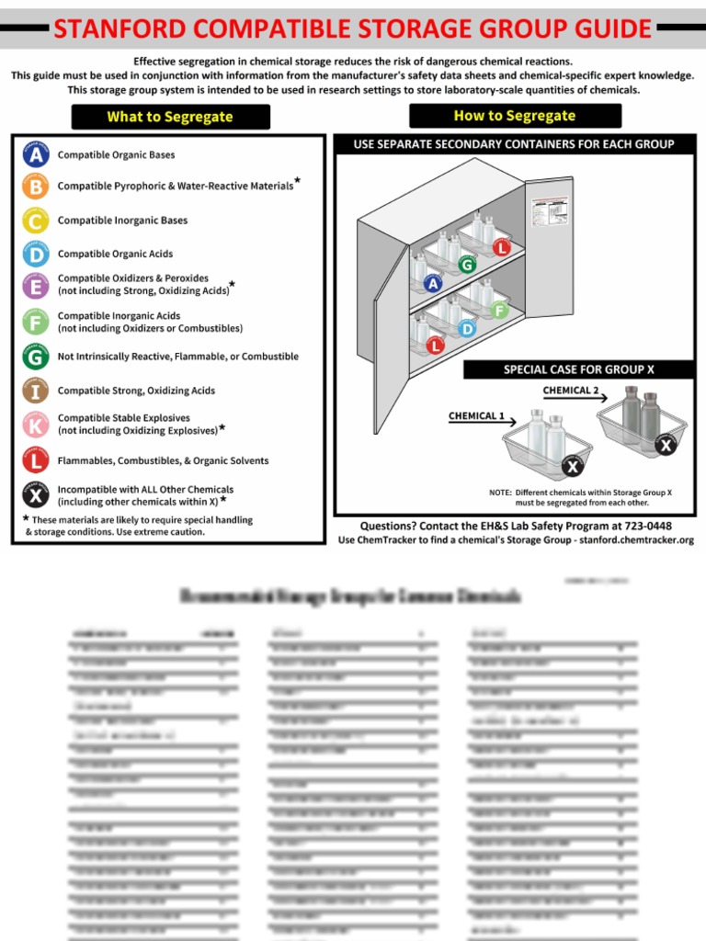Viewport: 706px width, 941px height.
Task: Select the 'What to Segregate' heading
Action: (x=170, y=117)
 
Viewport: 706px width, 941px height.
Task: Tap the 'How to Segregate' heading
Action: (x=514, y=116)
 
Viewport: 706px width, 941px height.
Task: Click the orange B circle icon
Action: (x=35, y=187)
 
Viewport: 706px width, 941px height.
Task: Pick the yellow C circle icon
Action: (x=35, y=221)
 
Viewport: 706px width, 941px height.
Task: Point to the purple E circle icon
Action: (x=35, y=285)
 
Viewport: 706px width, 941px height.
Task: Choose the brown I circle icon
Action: (x=35, y=391)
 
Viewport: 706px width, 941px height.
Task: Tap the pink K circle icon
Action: (x=35, y=424)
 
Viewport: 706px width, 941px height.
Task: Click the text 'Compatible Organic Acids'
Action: (x=115, y=254)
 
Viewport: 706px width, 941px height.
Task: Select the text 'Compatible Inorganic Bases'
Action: (x=122, y=221)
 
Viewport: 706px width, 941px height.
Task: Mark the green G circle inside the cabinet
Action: (x=467, y=265)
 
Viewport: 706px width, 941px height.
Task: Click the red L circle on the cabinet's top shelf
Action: (x=501, y=246)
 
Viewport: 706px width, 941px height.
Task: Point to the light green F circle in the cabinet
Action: (x=499, y=310)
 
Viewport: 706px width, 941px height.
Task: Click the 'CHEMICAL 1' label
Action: (x=476, y=415)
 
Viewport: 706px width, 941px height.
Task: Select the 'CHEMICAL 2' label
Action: (x=570, y=390)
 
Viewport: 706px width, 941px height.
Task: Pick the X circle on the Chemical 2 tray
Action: (x=666, y=446)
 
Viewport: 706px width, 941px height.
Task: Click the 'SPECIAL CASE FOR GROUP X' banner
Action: (x=578, y=369)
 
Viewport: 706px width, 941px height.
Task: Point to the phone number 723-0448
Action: (x=644, y=526)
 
